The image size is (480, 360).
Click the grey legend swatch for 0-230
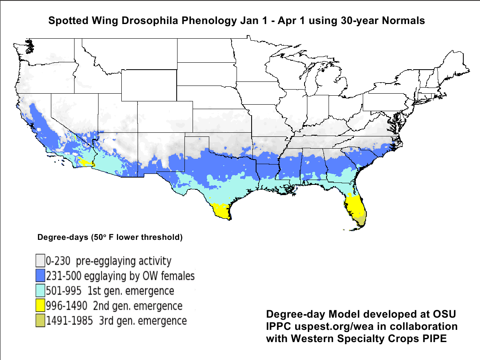pyautogui.click(x=40, y=261)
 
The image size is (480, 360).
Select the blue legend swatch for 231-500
pyautogui.click(x=40, y=276)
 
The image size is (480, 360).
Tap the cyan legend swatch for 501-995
pyautogui.click(x=40, y=291)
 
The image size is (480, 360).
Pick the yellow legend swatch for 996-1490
pyautogui.click(x=40, y=305)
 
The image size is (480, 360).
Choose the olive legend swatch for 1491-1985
pyautogui.click(x=40, y=320)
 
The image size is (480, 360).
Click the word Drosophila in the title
pyautogui.click(x=159, y=21)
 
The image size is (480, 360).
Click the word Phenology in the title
pyautogui.click(x=213, y=21)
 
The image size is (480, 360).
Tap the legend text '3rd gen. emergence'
pyautogui.click(x=143, y=320)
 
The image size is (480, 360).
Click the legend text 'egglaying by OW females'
pyautogui.click(x=139, y=276)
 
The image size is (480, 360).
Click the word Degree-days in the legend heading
pyautogui.click(x=60, y=237)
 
